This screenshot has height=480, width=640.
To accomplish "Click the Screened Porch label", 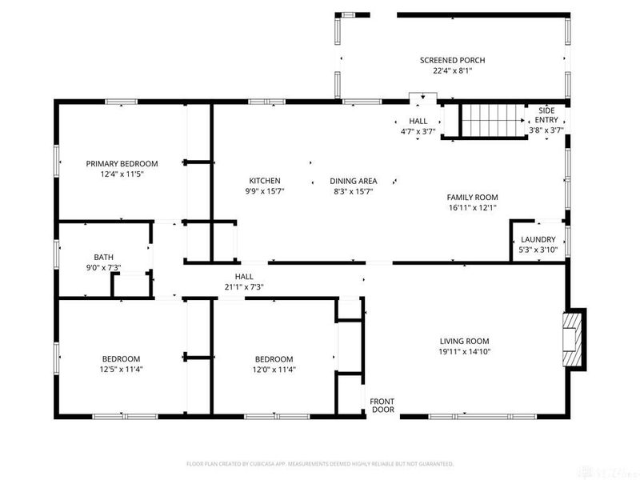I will [x=452, y=60].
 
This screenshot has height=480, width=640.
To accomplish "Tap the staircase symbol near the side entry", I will [x=492, y=120].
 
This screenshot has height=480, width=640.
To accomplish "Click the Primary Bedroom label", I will [x=122, y=163].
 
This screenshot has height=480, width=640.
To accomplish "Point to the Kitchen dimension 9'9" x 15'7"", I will [x=264, y=191].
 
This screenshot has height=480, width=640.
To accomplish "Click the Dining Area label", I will [x=353, y=181].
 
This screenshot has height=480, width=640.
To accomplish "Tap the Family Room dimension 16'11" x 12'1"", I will [x=472, y=207].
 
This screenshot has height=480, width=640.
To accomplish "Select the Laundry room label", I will [x=538, y=239].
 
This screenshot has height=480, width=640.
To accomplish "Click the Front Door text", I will [x=382, y=406].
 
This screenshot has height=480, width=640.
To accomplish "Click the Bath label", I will [x=103, y=257].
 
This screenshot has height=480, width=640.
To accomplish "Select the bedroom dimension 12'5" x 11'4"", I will [x=121, y=369].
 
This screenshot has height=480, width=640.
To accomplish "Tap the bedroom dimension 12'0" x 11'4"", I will [x=274, y=369].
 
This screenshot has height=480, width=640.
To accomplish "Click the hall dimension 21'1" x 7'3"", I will [x=244, y=286].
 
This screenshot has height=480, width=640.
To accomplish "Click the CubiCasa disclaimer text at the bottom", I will [x=320, y=463].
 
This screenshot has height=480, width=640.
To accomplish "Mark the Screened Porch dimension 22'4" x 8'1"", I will [x=452, y=70].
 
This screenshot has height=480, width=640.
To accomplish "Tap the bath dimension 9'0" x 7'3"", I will [x=103, y=267].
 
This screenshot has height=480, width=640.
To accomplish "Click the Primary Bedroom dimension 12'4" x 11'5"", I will [x=122, y=174].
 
